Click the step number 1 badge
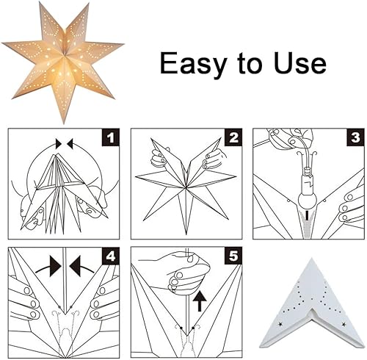[111, 137]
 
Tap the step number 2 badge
[233, 137]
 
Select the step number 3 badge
[355, 137]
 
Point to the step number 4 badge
[111, 256]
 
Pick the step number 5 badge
[233, 256]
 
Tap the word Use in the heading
[299, 62]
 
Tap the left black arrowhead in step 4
[56, 267]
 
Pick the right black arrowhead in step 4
[75, 267]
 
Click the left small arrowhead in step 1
[59, 144]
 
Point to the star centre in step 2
[186, 188]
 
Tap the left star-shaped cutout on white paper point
[280, 325]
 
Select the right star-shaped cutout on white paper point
[344, 325]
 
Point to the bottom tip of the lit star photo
[62, 123]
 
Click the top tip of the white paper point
[311, 259]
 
